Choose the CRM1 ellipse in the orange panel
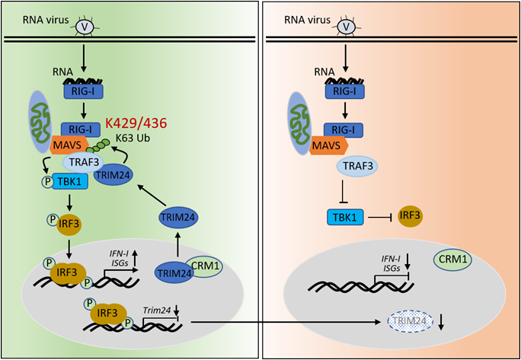453,260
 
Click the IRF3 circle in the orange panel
411,218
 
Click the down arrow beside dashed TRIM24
442,322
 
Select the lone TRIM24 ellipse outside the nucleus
177,218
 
